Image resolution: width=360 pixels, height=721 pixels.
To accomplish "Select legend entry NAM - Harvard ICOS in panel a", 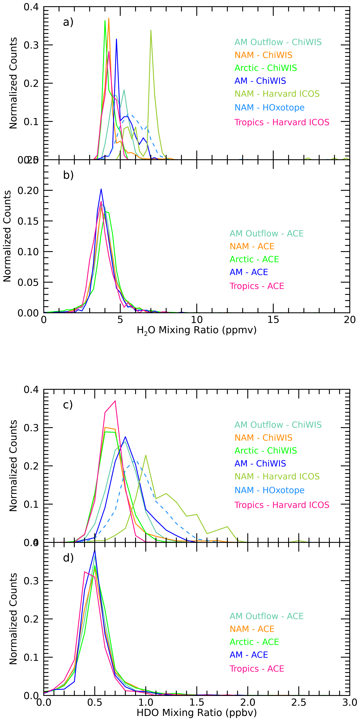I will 277,94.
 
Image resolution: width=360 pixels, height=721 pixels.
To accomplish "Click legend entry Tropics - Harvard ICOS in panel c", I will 282,505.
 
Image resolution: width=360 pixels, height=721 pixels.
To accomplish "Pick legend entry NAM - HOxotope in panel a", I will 269,107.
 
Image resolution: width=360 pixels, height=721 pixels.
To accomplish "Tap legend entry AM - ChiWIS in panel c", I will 260,463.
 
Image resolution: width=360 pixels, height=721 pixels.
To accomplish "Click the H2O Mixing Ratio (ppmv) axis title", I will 196,330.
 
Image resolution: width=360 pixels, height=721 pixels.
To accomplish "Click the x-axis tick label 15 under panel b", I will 273,320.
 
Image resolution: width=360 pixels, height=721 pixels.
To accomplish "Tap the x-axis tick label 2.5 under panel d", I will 299,703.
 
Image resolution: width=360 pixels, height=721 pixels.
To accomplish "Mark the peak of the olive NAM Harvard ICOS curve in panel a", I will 151,30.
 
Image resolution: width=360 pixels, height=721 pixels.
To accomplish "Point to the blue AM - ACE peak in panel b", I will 101,189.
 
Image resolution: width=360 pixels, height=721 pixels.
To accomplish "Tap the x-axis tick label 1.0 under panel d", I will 146,703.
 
